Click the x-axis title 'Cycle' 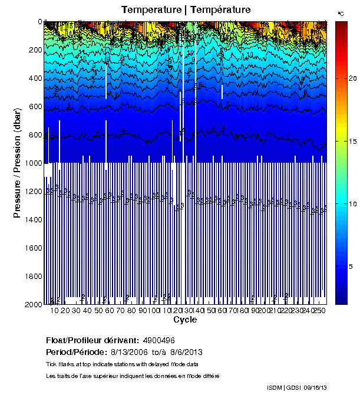(x=185, y=320)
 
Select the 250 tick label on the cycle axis (x=321, y=311)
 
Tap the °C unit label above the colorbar (x=341, y=13)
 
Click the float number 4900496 (x=158, y=341)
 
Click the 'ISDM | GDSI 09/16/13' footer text (x=297, y=387)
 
